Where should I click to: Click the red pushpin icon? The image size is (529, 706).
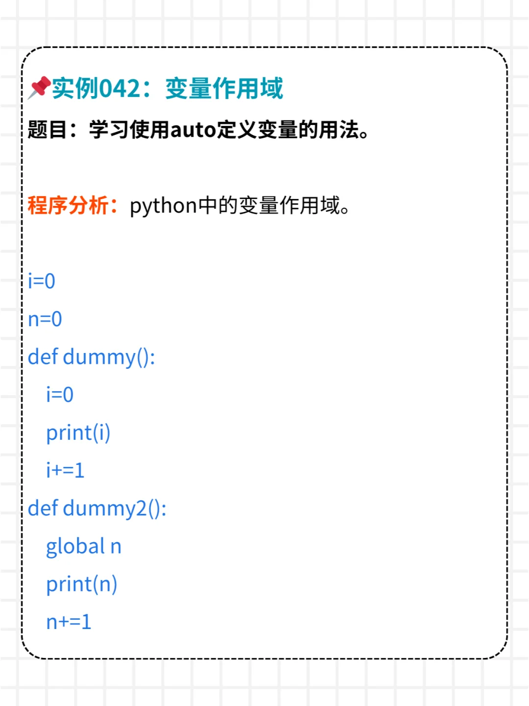(39, 87)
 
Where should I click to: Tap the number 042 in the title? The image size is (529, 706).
(120, 89)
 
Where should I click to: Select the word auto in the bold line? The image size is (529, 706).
(193, 130)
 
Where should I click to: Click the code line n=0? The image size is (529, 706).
(45, 319)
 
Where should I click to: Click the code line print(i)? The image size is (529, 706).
(78, 433)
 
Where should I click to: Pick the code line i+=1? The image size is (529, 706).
(65, 471)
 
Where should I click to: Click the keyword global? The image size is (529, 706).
(75, 547)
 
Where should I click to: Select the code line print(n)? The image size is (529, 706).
(82, 584)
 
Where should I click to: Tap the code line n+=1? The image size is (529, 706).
(69, 622)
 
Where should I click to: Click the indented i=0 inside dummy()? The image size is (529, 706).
(60, 395)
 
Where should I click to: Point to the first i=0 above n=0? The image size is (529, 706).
(42, 281)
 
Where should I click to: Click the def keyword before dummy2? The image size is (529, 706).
(43, 508)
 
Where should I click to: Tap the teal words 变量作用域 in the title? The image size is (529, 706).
(224, 89)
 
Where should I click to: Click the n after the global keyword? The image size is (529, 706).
(116, 547)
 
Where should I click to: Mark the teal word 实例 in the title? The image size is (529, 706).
(75, 89)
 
